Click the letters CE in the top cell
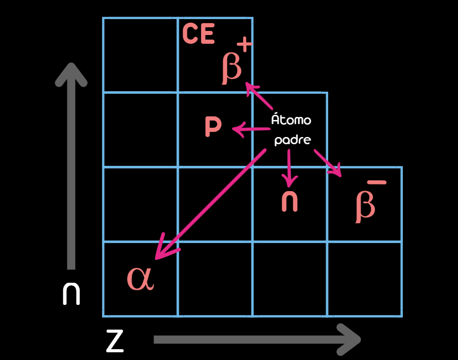[x=199, y=33]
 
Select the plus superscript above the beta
[x=244, y=45]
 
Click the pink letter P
[x=213, y=126]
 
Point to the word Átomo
[x=291, y=119]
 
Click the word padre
[x=293, y=140]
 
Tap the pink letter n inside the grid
[x=290, y=201]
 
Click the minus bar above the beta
[x=377, y=182]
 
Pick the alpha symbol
[x=140, y=279]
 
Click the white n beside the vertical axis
[x=71, y=294]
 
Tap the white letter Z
[x=115, y=341]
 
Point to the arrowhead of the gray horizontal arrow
[x=350, y=339]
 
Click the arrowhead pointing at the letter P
[x=238, y=129]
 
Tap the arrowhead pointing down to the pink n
[x=289, y=180]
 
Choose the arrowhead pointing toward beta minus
[x=336, y=172]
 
